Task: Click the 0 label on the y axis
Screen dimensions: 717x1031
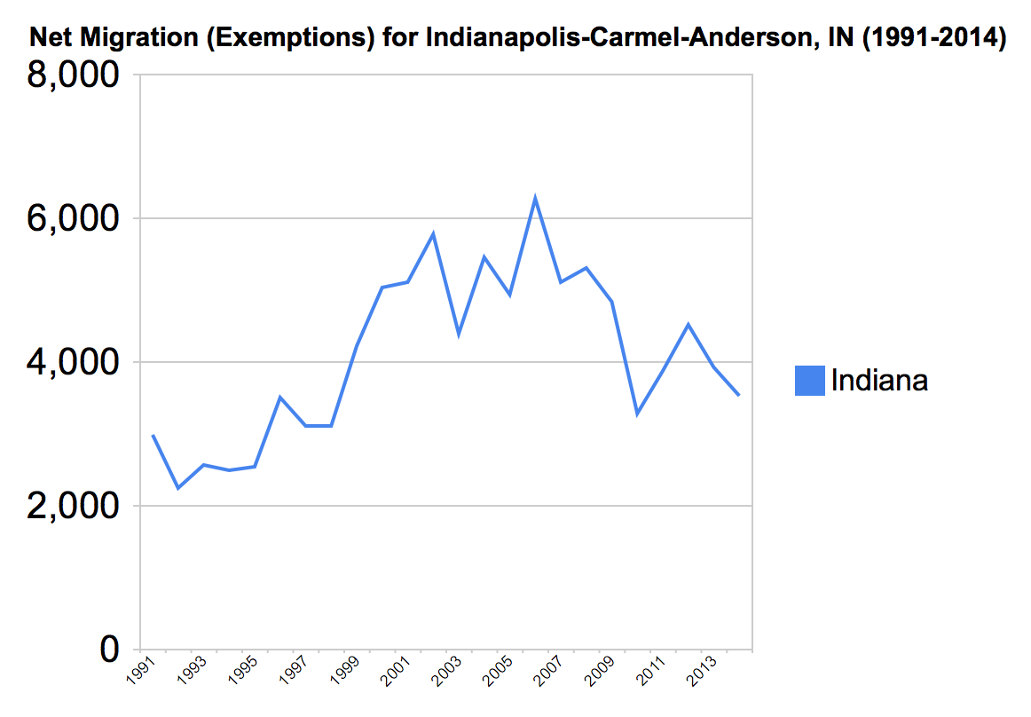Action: coord(109,650)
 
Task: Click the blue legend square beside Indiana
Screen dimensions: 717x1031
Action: coord(809,381)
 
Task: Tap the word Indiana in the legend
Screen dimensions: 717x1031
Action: coord(879,381)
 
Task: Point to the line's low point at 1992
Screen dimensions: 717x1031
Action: coord(178,488)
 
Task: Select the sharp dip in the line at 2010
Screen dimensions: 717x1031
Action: coord(637,414)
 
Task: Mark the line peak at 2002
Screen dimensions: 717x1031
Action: coord(433,234)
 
